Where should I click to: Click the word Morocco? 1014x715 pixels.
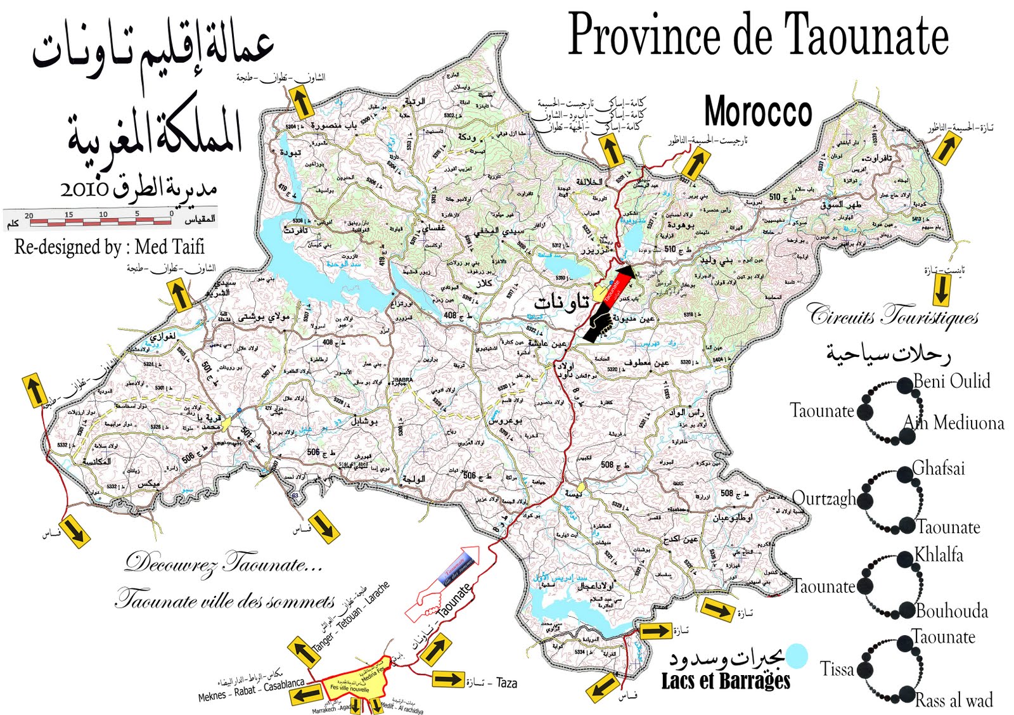click(x=758, y=112)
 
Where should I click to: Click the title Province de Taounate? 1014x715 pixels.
click(x=758, y=35)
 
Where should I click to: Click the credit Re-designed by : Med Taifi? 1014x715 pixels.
click(x=110, y=247)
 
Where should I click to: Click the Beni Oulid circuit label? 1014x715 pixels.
click(x=951, y=381)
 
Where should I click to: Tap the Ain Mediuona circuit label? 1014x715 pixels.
click(x=954, y=423)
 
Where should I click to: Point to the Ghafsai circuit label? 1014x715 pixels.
click(x=939, y=468)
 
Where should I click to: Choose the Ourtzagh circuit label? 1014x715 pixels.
click(x=824, y=499)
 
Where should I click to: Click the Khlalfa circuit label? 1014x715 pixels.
click(x=939, y=555)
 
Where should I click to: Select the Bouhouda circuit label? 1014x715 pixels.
click(x=952, y=611)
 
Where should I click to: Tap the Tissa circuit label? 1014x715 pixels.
click(x=837, y=669)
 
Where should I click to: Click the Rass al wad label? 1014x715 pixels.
click(x=954, y=700)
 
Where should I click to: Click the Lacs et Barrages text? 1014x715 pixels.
click(x=726, y=681)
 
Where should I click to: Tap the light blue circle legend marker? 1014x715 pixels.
click(x=797, y=656)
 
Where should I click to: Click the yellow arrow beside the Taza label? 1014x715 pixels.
click(x=449, y=680)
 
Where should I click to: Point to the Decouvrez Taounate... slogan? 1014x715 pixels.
click(x=223, y=563)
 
